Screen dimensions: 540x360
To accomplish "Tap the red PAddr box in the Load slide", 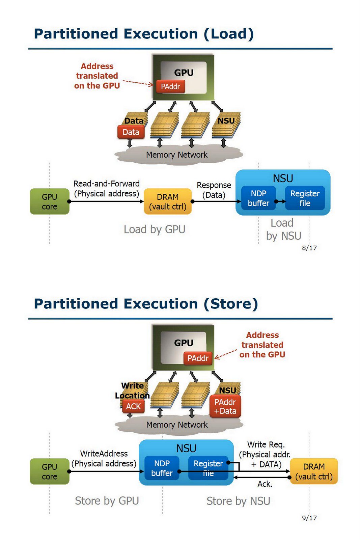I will coord(170,87).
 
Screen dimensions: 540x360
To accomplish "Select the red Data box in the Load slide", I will coord(131,132).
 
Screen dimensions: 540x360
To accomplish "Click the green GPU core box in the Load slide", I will coord(50,201).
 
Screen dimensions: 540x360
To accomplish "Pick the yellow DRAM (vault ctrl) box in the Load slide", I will coord(168,201).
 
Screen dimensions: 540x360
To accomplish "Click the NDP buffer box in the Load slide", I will coord(258,198).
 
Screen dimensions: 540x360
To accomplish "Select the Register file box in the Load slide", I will coord(305,198).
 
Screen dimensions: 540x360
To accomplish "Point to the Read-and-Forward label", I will coord(107,184).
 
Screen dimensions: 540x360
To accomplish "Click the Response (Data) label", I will coord(214,190).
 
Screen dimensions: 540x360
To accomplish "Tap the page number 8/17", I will coord(309,248).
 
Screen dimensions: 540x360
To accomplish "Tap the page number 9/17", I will coord(309,518).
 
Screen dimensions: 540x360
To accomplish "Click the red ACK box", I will coord(133,406).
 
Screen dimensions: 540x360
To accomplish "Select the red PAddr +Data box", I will coord(225,406).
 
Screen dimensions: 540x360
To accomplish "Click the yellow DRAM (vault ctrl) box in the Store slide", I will coord(314,471).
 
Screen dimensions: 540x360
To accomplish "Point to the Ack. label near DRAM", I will coord(265,484).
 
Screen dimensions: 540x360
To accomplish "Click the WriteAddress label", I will coord(104,454).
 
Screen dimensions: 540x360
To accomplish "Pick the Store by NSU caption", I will coord(238,501).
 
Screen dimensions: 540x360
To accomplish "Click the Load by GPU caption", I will coord(155,230).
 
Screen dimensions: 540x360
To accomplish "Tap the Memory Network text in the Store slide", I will coord(177,425).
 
